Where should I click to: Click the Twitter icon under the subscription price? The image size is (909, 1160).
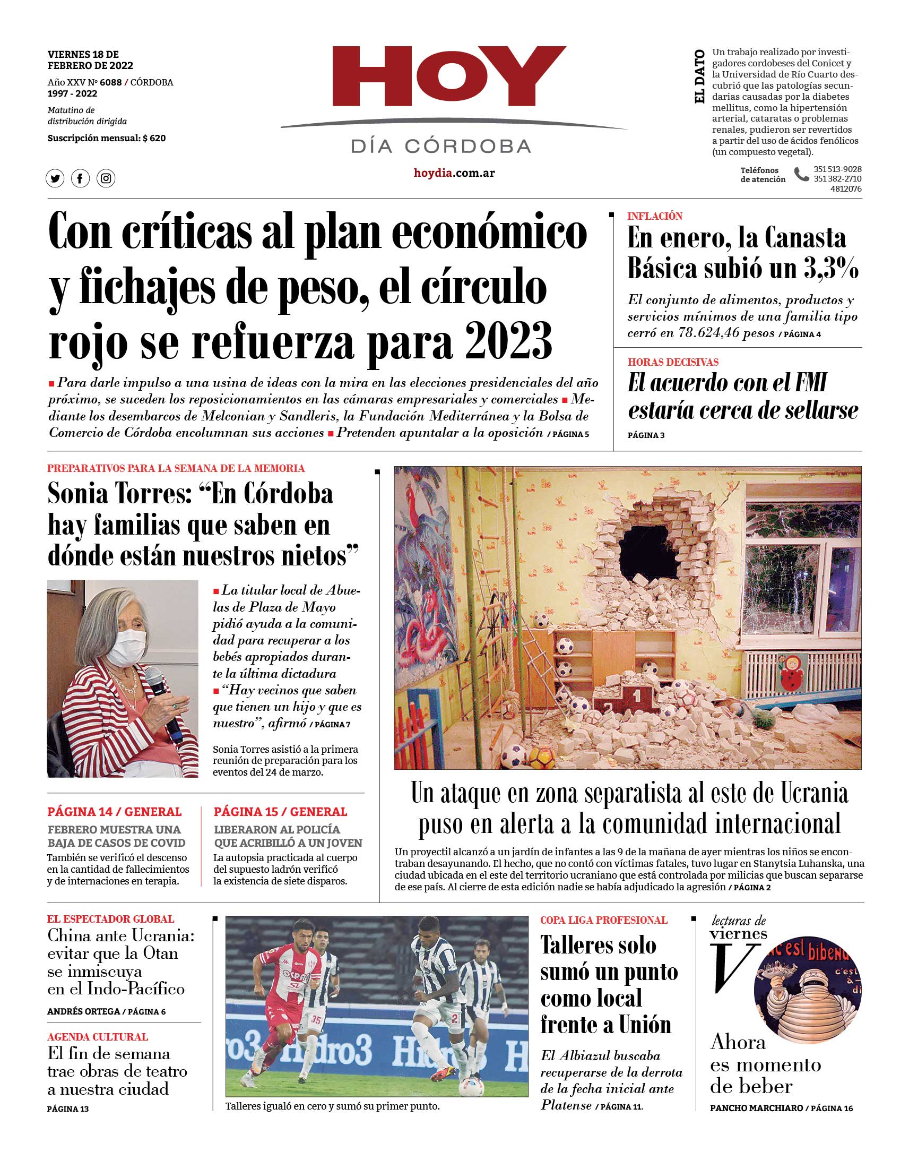pos(55,178)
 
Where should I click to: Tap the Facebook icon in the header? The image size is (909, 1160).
pos(80,178)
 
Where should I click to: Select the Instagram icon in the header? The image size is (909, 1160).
pos(106,178)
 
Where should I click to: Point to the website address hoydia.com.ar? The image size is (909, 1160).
pos(454,173)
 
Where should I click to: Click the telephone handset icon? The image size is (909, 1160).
pos(800,175)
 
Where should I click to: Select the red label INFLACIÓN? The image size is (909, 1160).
pos(655,216)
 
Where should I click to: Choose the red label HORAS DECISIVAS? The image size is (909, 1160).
pos(673,362)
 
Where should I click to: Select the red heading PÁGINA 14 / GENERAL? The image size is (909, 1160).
pos(115,812)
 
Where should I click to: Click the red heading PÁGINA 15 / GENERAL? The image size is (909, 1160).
pos(281,812)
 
